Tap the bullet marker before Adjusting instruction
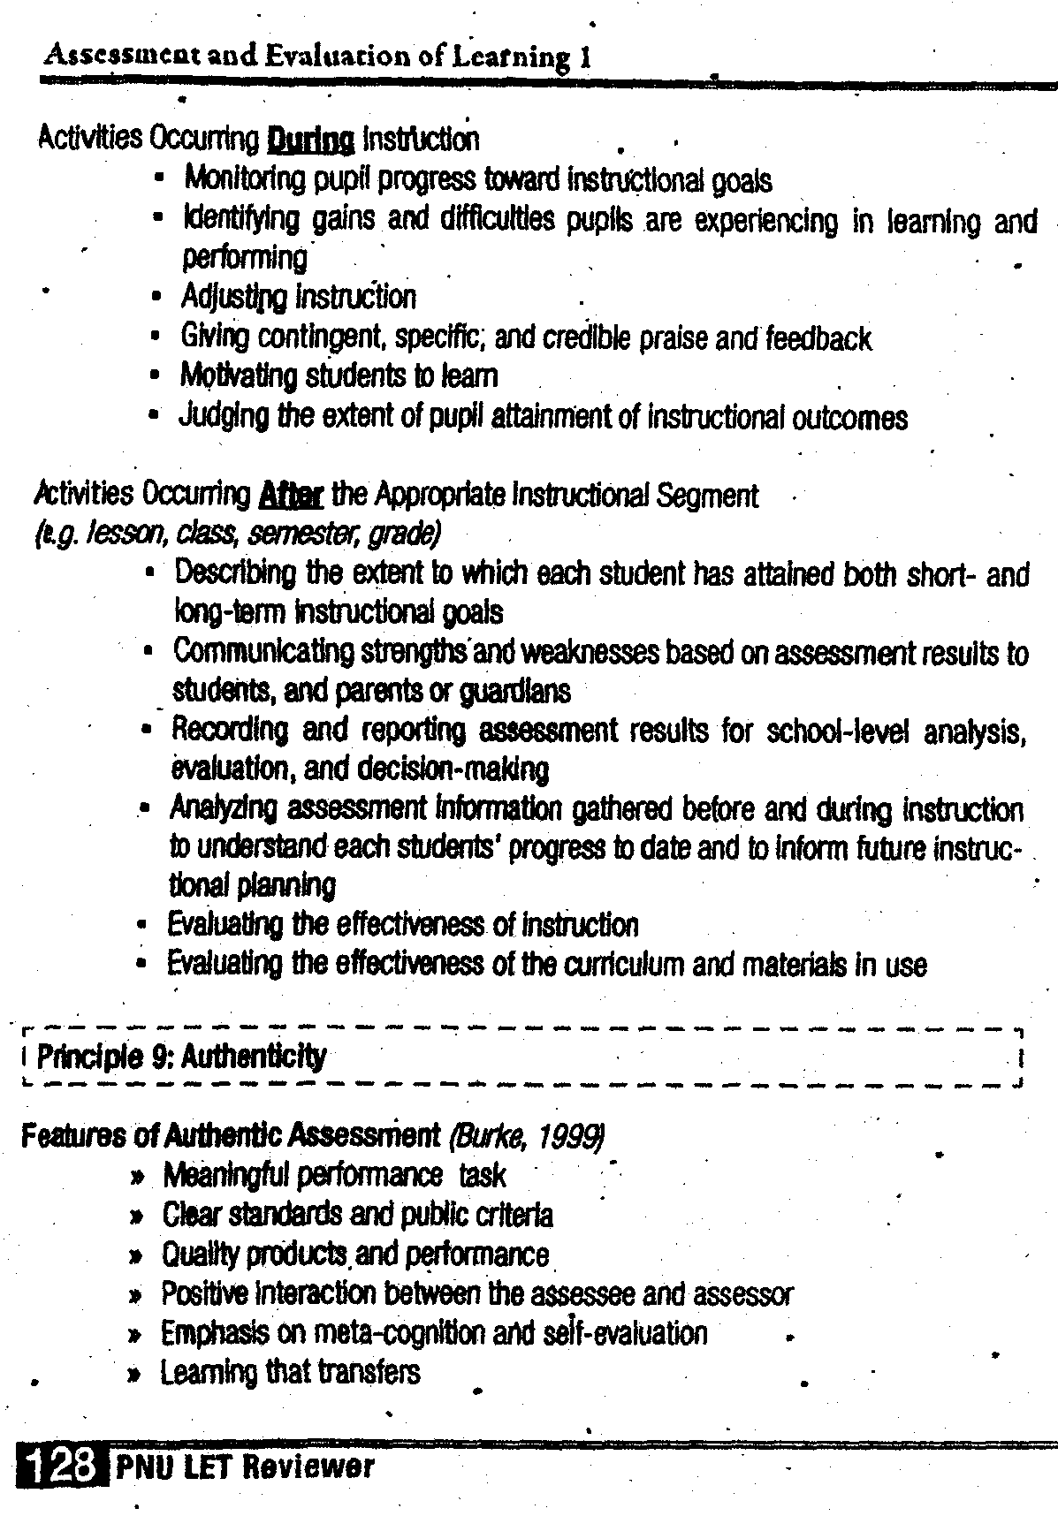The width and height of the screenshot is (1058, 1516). click(156, 298)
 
